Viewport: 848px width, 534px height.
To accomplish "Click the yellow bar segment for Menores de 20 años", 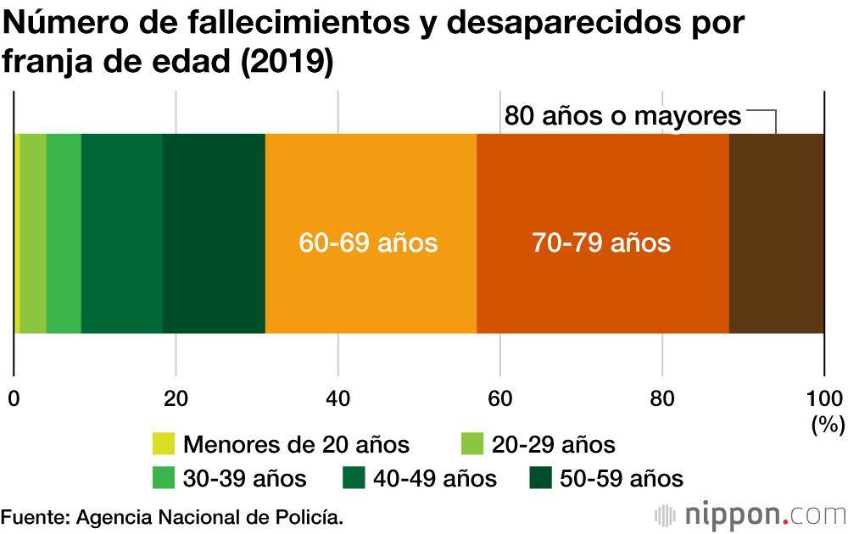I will [x=17, y=233].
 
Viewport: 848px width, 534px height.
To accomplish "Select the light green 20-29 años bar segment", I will [x=33, y=233].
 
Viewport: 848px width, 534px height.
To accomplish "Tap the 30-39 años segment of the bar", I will [x=64, y=233].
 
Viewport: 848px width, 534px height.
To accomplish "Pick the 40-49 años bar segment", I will [x=121, y=233].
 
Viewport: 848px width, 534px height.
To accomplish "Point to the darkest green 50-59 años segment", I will [x=213, y=233].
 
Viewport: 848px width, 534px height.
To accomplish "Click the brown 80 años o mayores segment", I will [x=776, y=233].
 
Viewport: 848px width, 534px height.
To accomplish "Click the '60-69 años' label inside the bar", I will [x=368, y=243].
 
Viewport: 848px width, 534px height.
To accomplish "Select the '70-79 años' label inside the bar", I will [x=601, y=243].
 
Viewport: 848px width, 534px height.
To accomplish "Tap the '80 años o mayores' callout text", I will [x=622, y=116].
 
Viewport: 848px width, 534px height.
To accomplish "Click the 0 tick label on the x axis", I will [x=14, y=399].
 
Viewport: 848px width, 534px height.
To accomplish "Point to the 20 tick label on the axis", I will [x=176, y=399].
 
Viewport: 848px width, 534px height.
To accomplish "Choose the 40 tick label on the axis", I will [x=338, y=399].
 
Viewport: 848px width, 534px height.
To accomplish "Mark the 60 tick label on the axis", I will [x=500, y=399].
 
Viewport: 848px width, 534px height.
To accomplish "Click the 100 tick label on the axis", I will [x=823, y=399].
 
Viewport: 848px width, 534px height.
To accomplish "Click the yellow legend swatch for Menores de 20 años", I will [x=163, y=444].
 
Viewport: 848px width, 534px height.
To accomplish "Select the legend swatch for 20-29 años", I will [x=471, y=444].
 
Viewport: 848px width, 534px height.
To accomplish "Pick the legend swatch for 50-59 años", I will [x=540, y=478].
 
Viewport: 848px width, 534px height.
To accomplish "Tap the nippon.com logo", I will [x=751, y=515].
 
